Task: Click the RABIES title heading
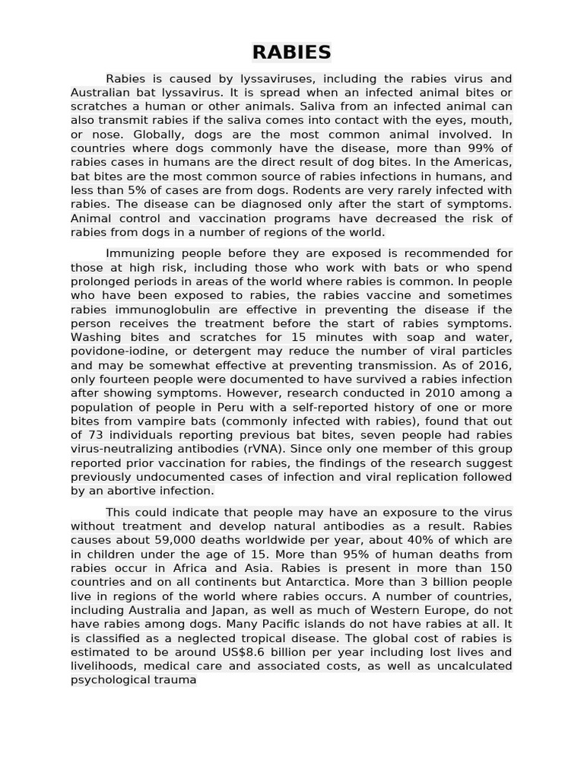(x=292, y=52)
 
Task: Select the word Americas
(x=483, y=163)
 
